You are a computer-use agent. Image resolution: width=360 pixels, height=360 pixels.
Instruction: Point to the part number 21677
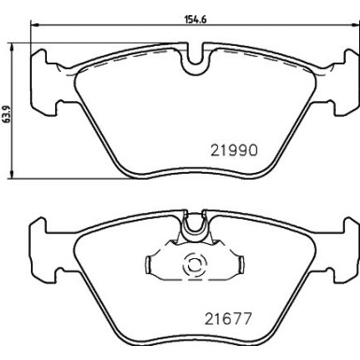[230, 319]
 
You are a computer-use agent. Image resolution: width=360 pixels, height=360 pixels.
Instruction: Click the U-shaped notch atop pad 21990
[194, 65]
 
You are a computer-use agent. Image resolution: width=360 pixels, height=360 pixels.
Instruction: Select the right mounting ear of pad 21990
[343, 79]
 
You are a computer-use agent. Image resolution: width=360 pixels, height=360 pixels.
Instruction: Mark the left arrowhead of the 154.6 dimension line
[35, 26]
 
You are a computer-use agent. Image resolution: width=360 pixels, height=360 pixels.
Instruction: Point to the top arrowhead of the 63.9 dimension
[12, 43]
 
